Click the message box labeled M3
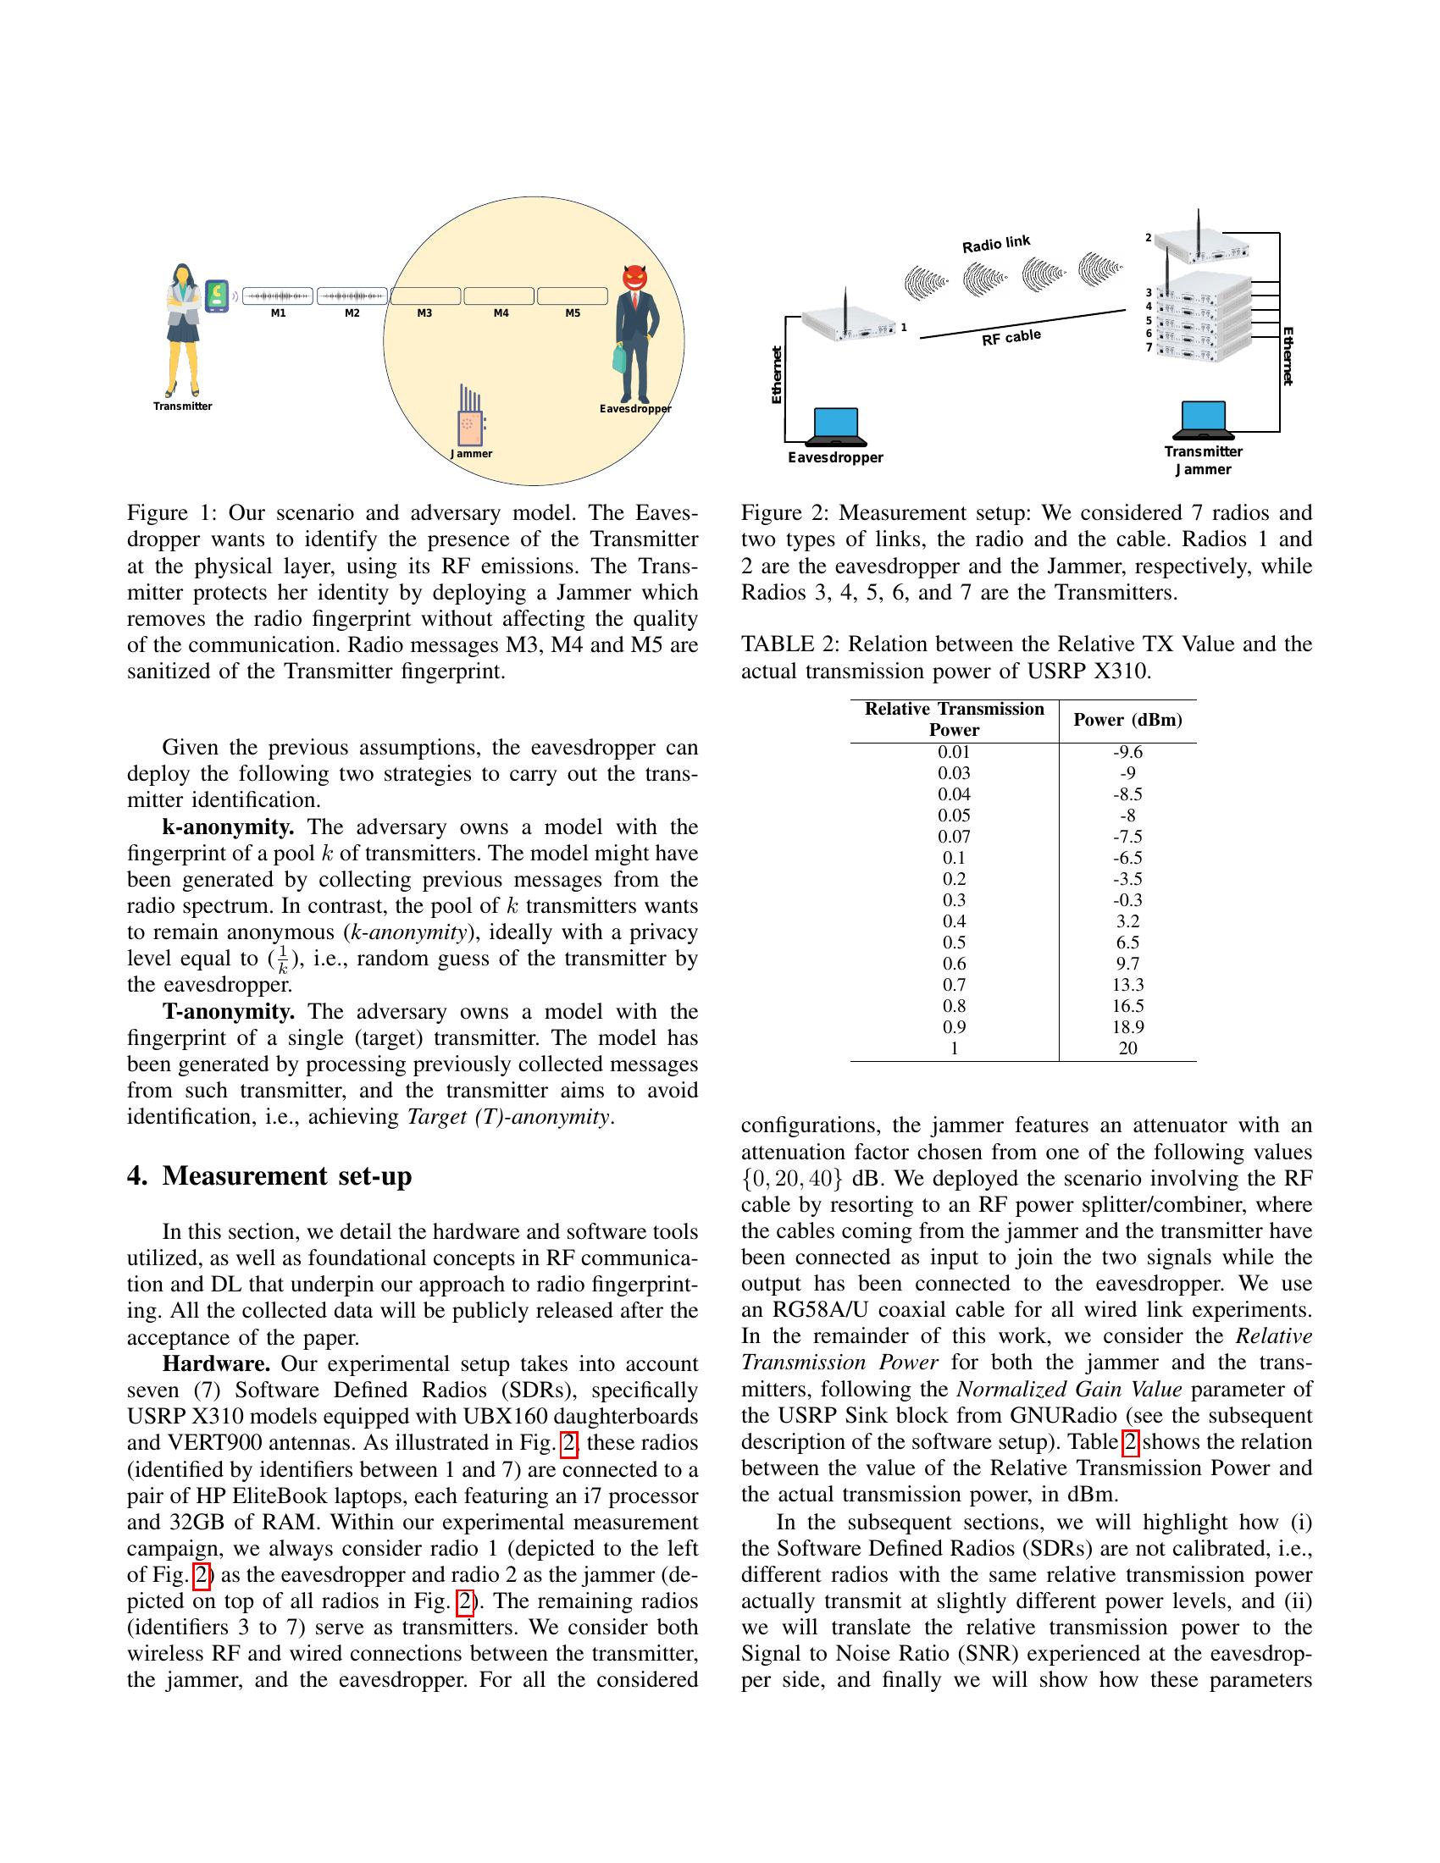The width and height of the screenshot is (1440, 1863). pyautogui.click(x=425, y=296)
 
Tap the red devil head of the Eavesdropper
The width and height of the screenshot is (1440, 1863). pyautogui.click(x=634, y=278)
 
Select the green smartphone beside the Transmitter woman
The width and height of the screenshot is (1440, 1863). pyautogui.click(x=217, y=296)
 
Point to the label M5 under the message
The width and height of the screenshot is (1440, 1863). pyautogui.click(x=573, y=313)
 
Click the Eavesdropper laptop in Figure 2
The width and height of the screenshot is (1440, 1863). pyautogui.click(x=836, y=427)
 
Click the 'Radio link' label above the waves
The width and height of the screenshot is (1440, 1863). pyautogui.click(x=995, y=244)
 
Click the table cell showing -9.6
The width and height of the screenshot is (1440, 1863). pyautogui.click(x=1127, y=752)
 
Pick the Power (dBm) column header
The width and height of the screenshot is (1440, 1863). pyautogui.click(x=1127, y=720)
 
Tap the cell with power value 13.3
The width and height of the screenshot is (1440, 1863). pyautogui.click(x=1127, y=985)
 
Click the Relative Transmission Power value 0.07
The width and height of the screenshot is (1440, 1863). pyautogui.click(x=954, y=837)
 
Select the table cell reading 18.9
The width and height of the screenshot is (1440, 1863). pyautogui.click(x=1127, y=1027)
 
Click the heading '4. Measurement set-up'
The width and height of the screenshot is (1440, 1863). pyautogui.click(x=269, y=1176)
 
